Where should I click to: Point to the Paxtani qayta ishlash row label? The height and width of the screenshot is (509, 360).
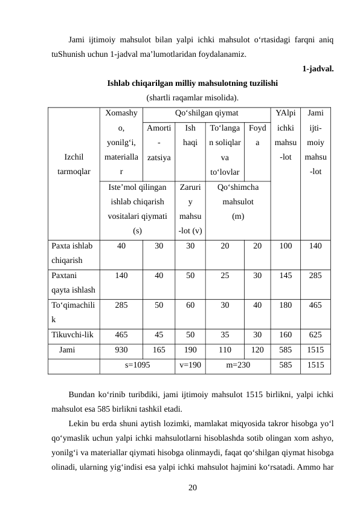[72, 280]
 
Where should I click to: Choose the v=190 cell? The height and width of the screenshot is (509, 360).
[190, 365]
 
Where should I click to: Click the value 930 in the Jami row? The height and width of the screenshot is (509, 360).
[121, 349]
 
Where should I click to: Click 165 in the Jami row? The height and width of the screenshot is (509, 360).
[158, 349]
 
